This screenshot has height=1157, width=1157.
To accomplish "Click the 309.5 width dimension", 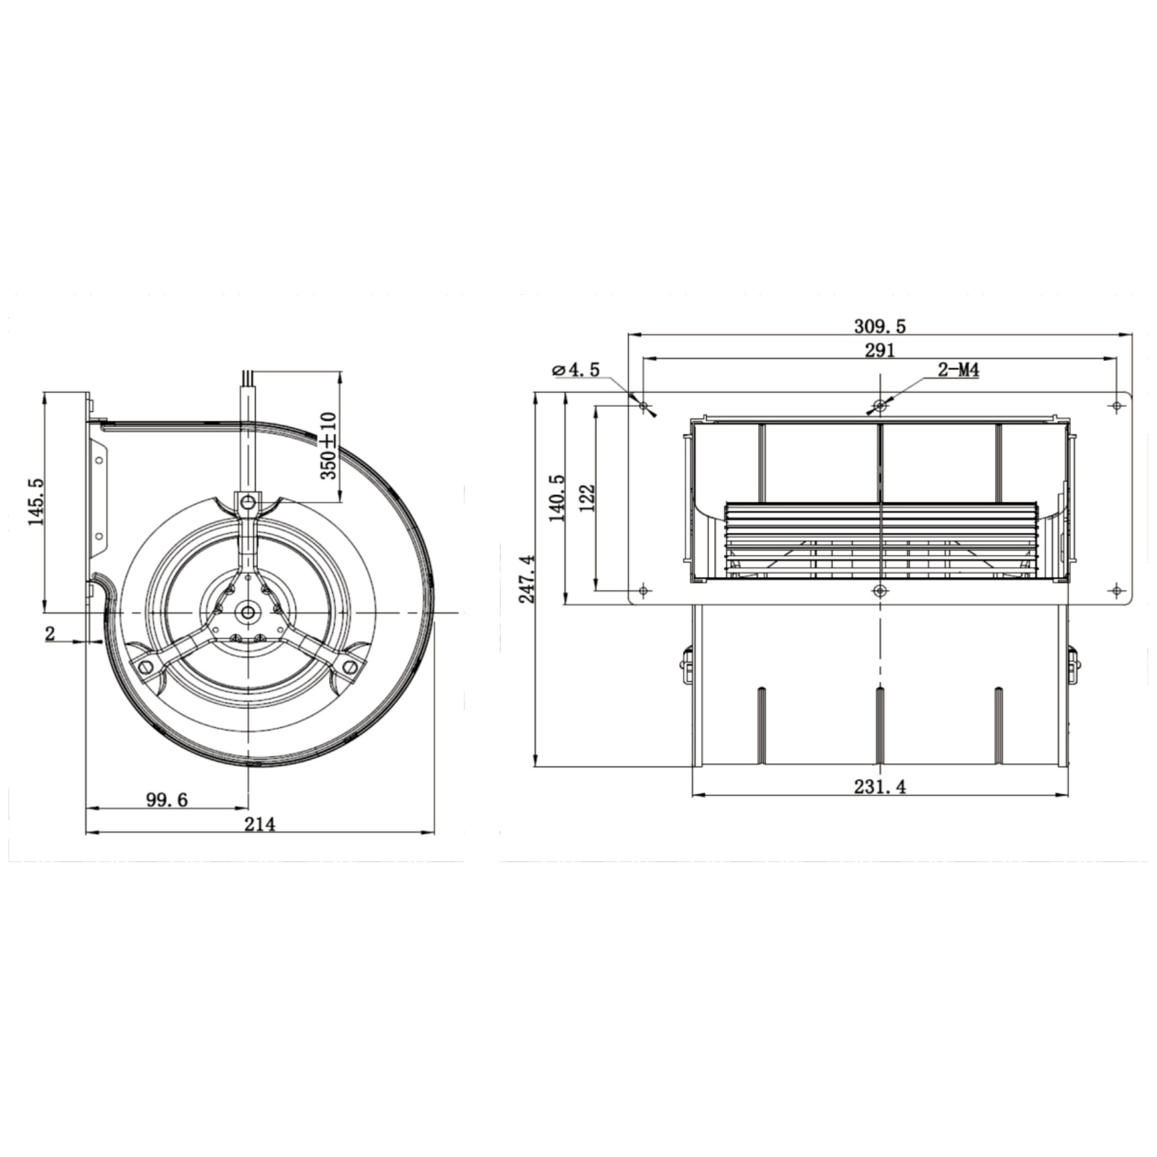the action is [x=880, y=326].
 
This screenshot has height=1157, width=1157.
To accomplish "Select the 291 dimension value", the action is [x=880, y=350].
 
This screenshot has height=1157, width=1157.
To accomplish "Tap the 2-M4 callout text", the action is [x=959, y=370].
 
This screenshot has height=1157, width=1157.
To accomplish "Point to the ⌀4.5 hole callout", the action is [x=576, y=370].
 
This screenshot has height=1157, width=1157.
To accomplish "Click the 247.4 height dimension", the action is [x=527, y=579].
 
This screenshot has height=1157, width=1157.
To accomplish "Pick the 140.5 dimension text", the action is [x=557, y=497].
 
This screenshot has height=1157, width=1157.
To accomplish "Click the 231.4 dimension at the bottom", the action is [x=880, y=786].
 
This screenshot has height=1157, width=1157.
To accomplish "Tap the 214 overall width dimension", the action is [x=260, y=824].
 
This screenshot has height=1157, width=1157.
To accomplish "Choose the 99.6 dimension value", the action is [x=167, y=800].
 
